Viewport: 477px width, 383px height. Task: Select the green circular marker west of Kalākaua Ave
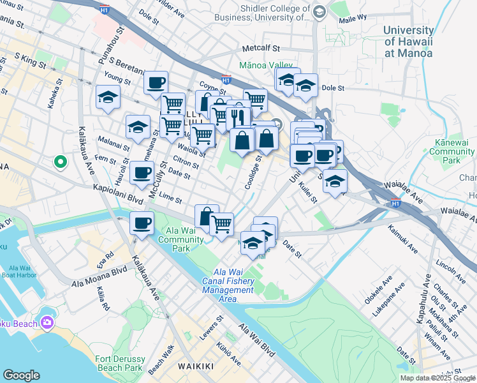60,162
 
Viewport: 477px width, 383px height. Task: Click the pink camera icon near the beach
47,322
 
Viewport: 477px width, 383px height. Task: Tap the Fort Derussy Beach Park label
119,363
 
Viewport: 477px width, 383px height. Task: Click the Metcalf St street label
261,49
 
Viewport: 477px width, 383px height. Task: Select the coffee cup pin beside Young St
156,82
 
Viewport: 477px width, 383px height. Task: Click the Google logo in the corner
21,375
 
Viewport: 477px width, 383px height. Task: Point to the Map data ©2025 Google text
437,378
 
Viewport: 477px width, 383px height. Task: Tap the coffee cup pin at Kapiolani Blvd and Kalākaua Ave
142,224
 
